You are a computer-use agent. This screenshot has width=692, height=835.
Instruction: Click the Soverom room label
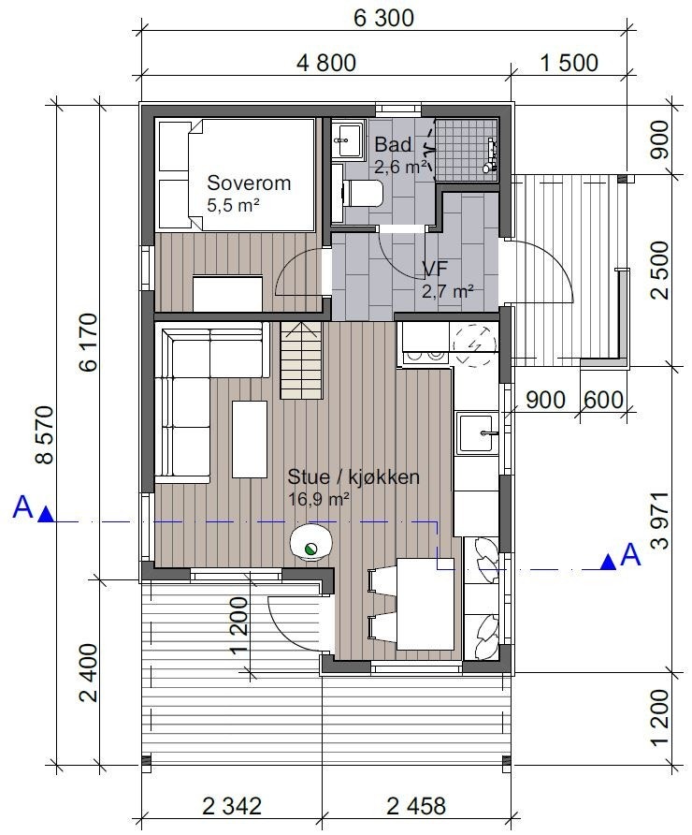tap(249, 183)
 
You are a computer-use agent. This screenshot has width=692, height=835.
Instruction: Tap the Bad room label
tap(393, 145)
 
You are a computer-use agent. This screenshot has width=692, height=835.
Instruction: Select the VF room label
tap(434, 271)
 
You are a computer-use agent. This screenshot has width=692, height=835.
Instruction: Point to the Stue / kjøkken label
tap(353, 477)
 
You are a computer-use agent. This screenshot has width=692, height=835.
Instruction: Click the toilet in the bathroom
tap(364, 195)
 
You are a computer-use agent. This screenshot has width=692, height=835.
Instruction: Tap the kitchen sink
tap(481, 432)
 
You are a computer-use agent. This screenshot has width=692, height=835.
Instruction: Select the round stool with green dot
tap(310, 543)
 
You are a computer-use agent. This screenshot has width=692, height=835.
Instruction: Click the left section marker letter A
tap(22, 507)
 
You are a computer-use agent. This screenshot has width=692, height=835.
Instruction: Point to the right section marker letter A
tap(630, 555)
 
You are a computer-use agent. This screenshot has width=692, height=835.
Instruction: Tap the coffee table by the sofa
tap(250, 437)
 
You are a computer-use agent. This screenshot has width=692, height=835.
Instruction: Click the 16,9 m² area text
tap(318, 499)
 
